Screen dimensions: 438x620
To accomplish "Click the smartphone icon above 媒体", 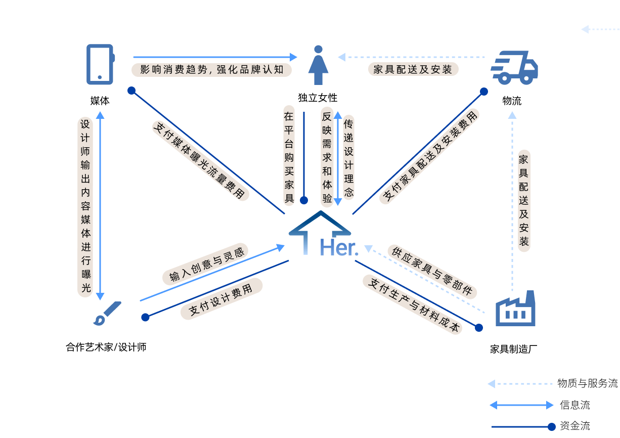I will click(100, 64).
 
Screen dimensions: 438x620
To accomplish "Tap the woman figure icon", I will click(318, 65).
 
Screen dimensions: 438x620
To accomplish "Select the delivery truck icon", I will click(514, 67).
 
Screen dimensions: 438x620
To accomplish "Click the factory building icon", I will click(515, 309).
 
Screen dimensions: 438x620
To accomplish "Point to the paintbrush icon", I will click(108, 313).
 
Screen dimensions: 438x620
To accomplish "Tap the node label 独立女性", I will click(318, 98).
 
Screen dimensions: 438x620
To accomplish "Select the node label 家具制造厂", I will click(513, 349).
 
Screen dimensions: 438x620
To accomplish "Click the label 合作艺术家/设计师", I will click(106, 347).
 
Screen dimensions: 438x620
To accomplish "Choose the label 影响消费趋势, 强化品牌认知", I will click(212, 69).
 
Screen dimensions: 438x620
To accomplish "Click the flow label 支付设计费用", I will click(221, 299).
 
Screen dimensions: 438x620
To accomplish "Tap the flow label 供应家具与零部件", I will click(432, 271).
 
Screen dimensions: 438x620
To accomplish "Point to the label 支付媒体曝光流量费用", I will click(200, 160).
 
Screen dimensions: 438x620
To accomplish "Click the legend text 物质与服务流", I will click(587, 383).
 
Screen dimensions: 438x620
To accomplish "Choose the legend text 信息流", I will click(574, 405).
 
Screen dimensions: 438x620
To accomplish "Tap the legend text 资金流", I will click(574, 426).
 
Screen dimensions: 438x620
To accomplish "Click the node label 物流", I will click(512, 101).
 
